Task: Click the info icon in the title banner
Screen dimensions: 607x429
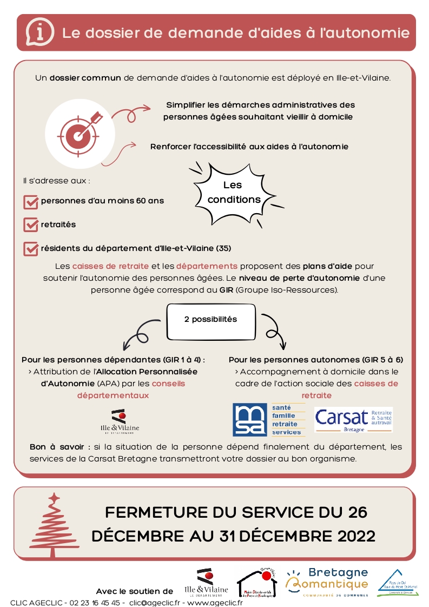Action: coord(40,32)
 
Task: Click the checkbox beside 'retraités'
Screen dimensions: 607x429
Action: coord(30,225)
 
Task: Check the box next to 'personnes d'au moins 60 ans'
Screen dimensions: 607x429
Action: coord(30,201)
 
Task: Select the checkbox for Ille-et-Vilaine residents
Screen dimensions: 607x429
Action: coord(30,249)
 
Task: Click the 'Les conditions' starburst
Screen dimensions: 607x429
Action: coord(233,193)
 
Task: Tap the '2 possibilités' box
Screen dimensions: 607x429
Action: coord(210,319)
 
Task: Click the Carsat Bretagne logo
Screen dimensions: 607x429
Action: coord(353,419)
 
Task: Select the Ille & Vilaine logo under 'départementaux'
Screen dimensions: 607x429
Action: coord(120,422)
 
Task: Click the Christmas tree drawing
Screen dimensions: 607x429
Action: coord(52,524)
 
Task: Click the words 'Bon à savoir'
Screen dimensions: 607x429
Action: coord(60,447)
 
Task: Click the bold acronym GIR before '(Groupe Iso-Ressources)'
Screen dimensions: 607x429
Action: coord(226,290)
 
